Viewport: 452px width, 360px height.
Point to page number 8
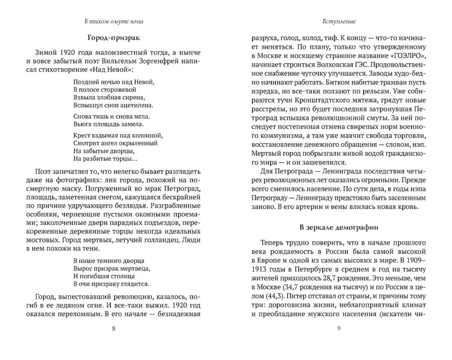114,329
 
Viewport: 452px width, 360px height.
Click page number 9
339,329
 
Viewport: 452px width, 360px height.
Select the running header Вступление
339,21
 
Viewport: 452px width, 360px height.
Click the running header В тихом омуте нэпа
113,21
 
